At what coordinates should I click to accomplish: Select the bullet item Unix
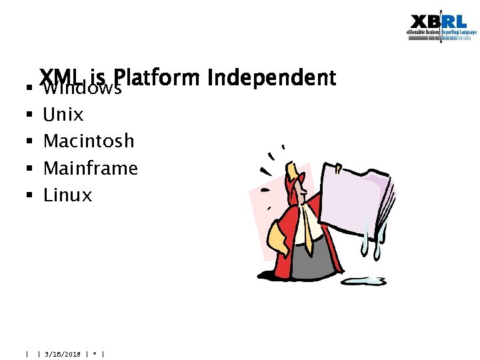tap(63, 115)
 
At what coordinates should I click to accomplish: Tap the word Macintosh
tap(89, 141)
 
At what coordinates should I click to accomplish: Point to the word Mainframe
tap(90, 168)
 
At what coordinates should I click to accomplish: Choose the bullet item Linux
tap(67, 195)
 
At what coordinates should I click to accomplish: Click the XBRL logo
tap(443, 27)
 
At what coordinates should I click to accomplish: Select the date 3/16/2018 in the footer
tap(62, 354)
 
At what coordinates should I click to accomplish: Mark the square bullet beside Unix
tap(29, 115)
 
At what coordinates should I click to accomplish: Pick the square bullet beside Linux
tap(29, 196)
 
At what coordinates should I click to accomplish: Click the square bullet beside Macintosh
tap(29, 142)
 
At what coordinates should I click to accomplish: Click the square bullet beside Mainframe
tap(29, 169)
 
